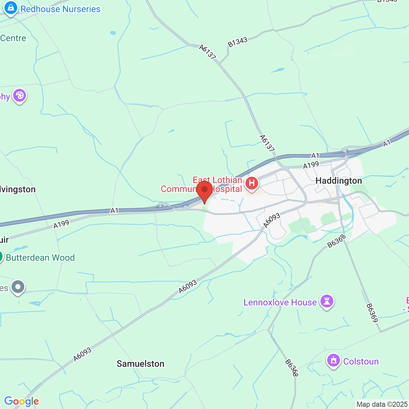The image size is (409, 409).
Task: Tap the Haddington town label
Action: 339,181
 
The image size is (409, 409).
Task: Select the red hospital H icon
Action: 251,183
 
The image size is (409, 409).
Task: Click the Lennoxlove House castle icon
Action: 327,301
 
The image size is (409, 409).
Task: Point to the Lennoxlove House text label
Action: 280,302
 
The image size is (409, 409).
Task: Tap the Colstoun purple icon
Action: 334,360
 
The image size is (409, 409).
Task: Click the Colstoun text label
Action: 361,361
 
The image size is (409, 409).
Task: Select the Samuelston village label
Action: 140,364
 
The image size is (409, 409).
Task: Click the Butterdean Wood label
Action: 40,258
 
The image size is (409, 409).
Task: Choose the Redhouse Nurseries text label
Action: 60,9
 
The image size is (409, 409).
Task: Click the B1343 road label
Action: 237,42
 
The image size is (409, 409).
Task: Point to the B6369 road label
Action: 372,313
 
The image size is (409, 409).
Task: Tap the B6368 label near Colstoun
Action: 291,368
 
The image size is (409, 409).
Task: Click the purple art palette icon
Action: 19,95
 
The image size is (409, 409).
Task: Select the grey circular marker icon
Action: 18,287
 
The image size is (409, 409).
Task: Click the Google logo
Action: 22,401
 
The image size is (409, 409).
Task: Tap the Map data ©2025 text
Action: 382,405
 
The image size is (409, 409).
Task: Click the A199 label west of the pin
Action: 61,224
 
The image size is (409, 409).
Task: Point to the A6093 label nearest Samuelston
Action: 82,354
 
